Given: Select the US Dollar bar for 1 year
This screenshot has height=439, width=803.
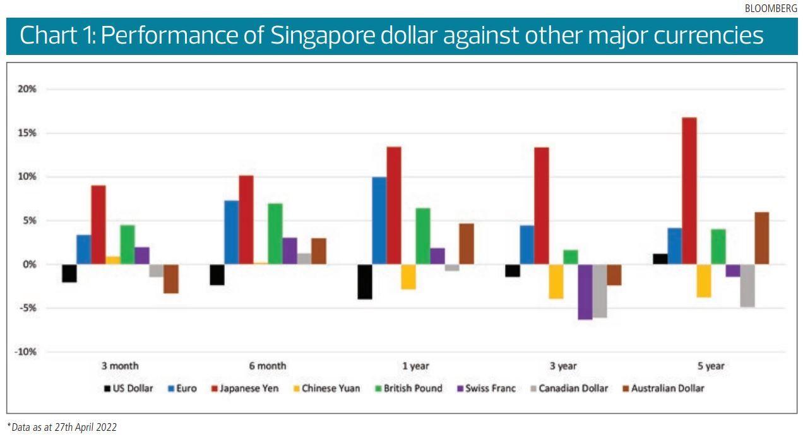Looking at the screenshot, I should click(365, 282).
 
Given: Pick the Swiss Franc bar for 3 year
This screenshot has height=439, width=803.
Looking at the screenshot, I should click(585, 292).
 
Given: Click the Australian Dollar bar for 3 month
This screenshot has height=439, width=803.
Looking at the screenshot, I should click(171, 279).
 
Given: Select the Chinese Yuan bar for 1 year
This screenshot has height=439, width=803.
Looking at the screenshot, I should click(408, 277).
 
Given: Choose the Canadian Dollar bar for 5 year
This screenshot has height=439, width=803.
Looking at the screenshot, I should click(747, 286).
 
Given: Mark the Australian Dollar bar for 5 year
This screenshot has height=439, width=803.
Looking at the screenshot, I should click(762, 238).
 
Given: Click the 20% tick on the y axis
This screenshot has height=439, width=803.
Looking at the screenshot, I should click(27, 89).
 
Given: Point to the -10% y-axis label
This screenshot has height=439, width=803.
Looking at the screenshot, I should click(25, 352).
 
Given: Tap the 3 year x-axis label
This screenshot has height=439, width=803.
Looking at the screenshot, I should click(562, 366).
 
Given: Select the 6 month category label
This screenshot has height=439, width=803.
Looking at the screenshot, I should click(267, 366).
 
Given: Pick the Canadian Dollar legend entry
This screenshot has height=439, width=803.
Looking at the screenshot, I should click(568, 388).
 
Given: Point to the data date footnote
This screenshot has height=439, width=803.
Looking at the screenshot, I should click(62, 427).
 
